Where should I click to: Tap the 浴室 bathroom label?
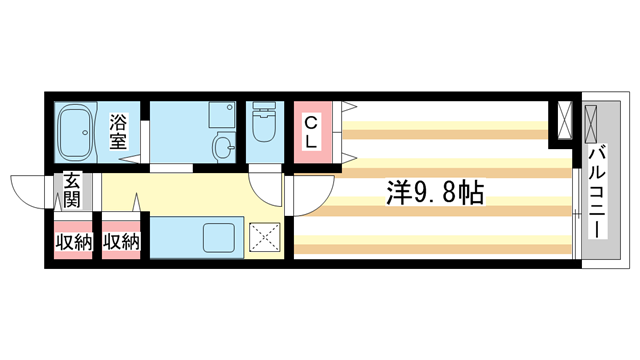coord(118,133)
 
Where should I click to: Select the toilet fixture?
coord(265,128)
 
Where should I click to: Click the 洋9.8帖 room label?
coord(434,193)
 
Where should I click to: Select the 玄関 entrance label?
coord(73,190)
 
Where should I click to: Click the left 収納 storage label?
coord(72,241)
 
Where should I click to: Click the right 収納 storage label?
coord(121,241)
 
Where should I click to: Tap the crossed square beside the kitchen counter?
coord(264,238)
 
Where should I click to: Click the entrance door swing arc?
coord(30,188)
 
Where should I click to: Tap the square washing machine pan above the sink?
coord(222,116)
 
